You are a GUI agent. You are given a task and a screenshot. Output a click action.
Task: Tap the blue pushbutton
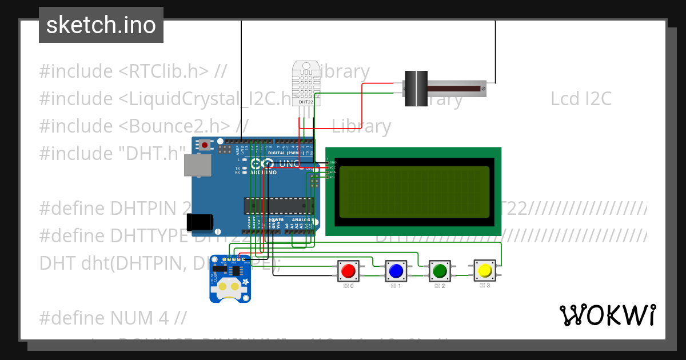coord(395,270)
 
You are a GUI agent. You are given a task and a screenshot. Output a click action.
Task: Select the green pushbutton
coord(440,270)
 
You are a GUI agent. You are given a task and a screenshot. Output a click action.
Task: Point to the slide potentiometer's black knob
coord(416,88)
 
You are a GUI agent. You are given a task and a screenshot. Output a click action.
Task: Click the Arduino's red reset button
coord(205,145)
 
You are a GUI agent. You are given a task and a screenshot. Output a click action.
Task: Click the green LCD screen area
coord(414,192)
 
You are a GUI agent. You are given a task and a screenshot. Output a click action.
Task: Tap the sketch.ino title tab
coord(101,25)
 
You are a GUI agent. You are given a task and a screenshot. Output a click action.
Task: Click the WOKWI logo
coord(607,315)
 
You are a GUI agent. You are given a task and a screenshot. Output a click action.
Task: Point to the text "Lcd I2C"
coord(581,99)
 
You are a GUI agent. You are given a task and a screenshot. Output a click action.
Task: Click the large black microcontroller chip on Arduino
coord(278,205)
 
